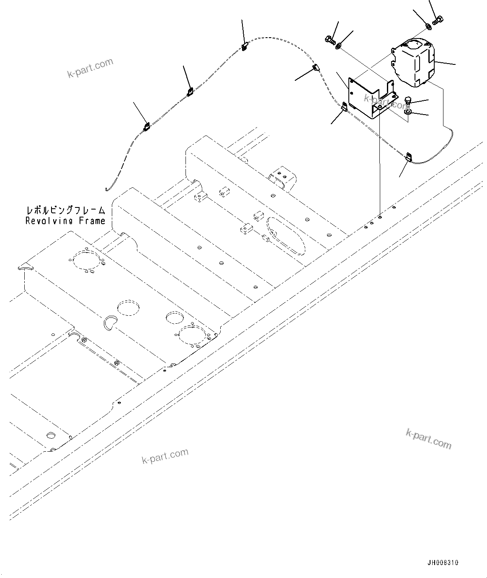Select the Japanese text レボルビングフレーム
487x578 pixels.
coord(65,210)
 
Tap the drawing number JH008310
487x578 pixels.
coord(443,563)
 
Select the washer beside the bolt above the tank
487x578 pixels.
coord(429,27)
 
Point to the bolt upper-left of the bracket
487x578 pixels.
coord(329,40)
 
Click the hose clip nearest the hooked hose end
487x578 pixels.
coord(146,125)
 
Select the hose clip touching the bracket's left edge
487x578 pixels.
coord(344,107)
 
